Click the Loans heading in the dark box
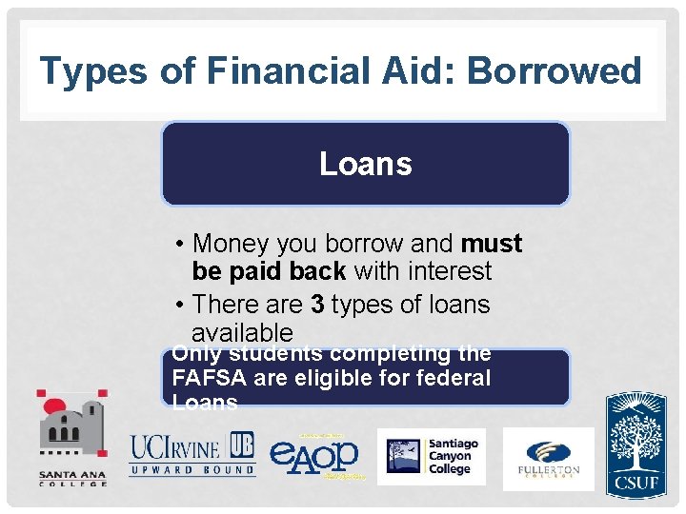[x=366, y=164]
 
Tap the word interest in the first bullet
[x=447, y=271]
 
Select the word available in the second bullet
[x=242, y=333]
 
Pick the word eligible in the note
[x=333, y=378]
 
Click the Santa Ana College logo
[x=72, y=439]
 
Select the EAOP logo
[x=314, y=455]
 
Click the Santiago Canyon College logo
[x=431, y=456]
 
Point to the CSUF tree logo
[x=636, y=444]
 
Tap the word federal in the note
[x=454, y=378]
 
